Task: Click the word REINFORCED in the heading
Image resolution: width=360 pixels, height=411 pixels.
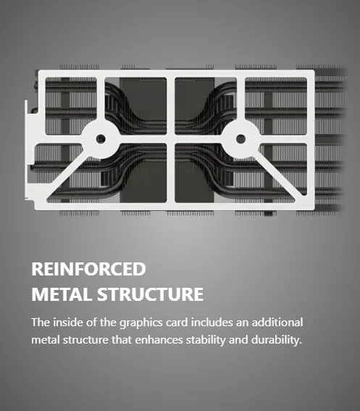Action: [x=88, y=269]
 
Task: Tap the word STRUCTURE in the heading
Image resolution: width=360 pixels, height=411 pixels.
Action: [x=151, y=294]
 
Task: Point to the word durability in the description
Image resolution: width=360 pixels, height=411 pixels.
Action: [x=276, y=340]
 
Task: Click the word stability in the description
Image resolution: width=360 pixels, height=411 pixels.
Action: [x=206, y=340]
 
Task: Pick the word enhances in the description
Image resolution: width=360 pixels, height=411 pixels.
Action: [x=159, y=340]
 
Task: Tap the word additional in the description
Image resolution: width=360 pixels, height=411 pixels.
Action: [x=277, y=322]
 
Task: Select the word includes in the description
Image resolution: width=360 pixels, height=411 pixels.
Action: [x=212, y=322]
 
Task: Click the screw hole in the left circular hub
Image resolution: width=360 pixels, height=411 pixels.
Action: [x=101, y=138]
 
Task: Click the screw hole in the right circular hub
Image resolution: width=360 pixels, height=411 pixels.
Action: [x=240, y=138]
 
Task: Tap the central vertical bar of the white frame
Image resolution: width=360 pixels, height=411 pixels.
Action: [x=170, y=139]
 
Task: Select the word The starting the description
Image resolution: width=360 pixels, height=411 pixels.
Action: [x=41, y=322]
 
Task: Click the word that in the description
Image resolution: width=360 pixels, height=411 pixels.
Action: [x=122, y=340]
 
